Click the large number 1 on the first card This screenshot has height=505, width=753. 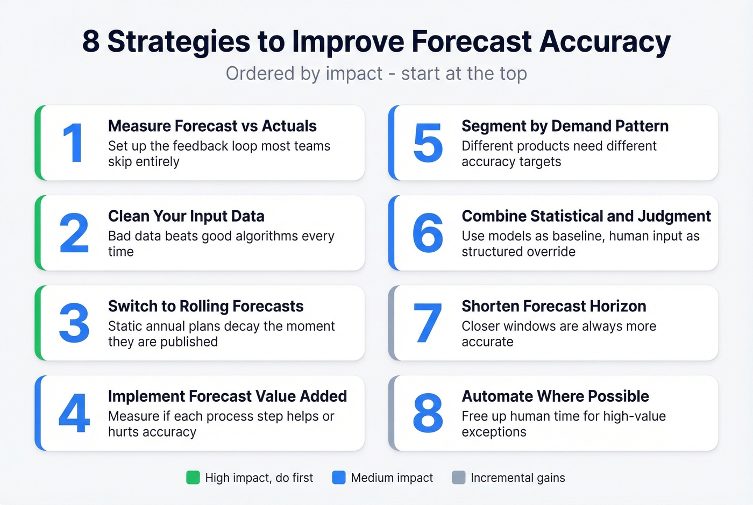74,143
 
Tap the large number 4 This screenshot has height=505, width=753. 74,413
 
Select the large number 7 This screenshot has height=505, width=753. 428,323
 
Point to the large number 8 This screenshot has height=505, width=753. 428,413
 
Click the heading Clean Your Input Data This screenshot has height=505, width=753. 186,216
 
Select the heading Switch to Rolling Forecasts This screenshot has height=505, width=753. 205,306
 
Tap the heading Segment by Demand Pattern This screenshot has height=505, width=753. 565,126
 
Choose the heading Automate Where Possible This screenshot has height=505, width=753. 555,396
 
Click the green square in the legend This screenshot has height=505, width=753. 193,478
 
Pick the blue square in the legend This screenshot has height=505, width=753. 339,478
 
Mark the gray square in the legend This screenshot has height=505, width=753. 458,478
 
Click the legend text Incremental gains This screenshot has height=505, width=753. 517,478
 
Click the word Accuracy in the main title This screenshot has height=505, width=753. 605,42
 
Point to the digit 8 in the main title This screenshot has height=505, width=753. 91,42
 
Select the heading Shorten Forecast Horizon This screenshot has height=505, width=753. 553,306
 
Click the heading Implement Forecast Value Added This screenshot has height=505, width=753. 227,396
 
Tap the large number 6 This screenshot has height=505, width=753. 428,233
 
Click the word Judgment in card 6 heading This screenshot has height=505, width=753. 674,216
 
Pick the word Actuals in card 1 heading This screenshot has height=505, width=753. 289,126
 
